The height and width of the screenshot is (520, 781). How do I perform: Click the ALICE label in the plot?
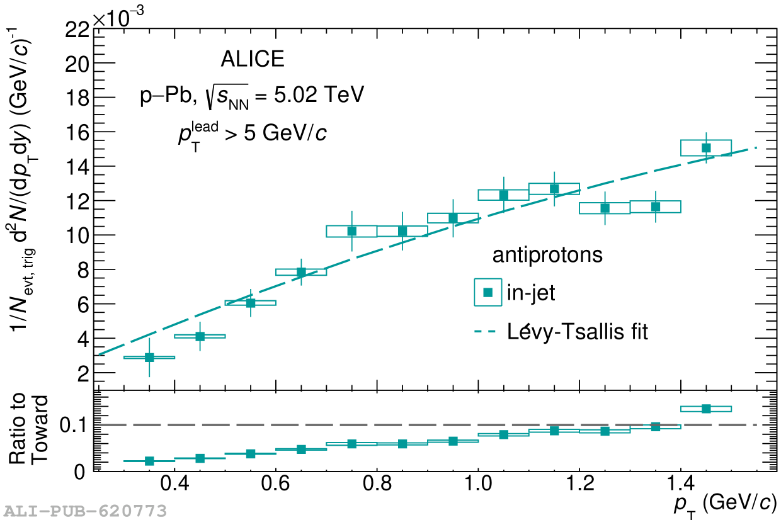(253, 59)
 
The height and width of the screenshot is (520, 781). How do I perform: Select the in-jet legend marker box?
(487, 292)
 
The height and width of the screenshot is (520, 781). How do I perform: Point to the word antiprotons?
(547, 255)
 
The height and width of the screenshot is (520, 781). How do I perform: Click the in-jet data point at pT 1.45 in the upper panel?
(706, 148)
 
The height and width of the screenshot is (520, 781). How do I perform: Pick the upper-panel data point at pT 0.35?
(149, 358)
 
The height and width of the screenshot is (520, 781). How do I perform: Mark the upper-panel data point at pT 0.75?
(351, 231)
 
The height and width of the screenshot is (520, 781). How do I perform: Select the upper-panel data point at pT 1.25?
(605, 208)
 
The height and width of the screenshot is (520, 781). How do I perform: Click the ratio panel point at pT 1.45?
(706, 409)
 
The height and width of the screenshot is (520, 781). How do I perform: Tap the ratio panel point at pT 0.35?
(149, 461)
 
